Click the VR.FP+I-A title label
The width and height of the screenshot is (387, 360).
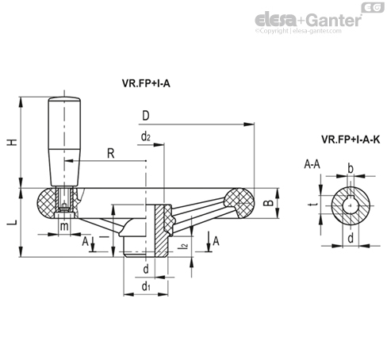(146, 83)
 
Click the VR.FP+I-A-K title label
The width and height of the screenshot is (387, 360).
(351, 140)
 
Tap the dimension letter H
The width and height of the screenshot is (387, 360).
(12, 142)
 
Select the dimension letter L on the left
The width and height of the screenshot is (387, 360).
(12, 223)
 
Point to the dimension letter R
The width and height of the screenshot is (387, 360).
(111, 153)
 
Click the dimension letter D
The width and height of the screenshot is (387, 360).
(146, 116)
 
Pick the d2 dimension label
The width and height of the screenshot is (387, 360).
(146, 136)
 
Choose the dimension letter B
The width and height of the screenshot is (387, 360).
(269, 203)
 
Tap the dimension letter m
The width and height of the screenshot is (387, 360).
(64, 226)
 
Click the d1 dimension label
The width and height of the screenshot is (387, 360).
(146, 286)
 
